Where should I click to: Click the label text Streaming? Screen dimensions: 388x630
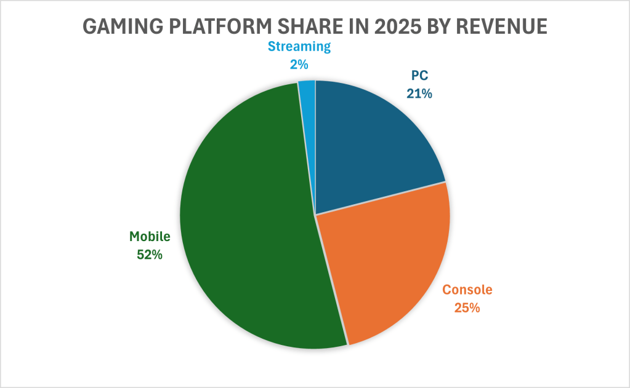click(x=299, y=46)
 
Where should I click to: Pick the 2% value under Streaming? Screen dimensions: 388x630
click(x=299, y=63)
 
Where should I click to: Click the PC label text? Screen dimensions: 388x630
click(x=419, y=77)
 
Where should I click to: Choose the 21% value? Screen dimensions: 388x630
click(x=419, y=94)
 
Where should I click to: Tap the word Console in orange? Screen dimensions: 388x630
click(x=468, y=290)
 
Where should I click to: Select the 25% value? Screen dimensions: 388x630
click(x=468, y=307)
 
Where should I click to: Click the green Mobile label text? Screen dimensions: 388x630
click(x=149, y=236)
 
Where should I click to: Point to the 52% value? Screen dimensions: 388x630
click(x=149, y=253)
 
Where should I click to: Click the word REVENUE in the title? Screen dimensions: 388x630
click(x=502, y=27)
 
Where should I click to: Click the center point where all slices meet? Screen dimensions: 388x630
click(x=315, y=215)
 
